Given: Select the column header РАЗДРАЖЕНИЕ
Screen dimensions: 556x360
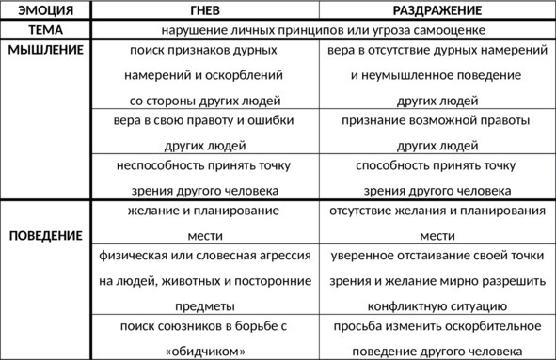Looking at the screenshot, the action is (x=437, y=10).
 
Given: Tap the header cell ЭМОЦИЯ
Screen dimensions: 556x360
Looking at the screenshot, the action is (x=45, y=10).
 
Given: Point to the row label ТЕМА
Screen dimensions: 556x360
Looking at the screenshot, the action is (x=45, y=29).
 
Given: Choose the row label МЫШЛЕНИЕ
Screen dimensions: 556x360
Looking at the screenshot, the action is (x=45, y=49).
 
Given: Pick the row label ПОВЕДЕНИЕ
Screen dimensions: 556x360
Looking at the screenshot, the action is (x=45, y=235).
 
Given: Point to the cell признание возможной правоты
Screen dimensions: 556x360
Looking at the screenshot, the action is (x=437, y=133).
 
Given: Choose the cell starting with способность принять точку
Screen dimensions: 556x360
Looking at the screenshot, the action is (x=437, y=177).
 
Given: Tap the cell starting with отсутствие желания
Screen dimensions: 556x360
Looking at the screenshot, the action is (x=437, y=223).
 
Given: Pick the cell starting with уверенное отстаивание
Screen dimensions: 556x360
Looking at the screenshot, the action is (x=437, y=280).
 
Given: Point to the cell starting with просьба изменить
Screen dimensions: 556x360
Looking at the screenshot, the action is (x=437, y=338).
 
